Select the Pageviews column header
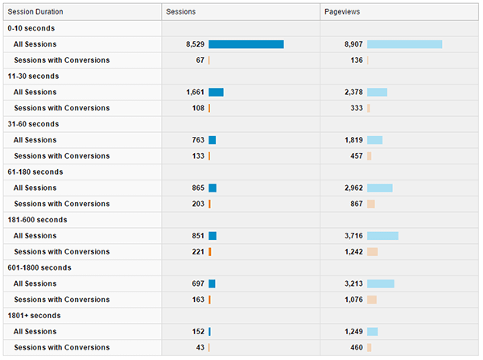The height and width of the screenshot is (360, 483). pos(342,12)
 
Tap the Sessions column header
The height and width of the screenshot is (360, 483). pos(180,12)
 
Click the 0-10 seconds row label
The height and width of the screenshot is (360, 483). pos(31,28)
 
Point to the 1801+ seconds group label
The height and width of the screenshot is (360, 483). pos(35,316)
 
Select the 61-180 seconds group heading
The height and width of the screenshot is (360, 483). pos(35,172)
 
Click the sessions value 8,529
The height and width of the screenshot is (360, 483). pos(195,44)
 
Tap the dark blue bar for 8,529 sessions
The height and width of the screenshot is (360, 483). pos(246,44)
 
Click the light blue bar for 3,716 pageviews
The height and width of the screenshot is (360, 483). pos(382,236)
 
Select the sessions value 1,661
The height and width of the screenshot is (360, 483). pos(195,92)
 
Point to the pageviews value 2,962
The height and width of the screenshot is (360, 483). pos(353,188)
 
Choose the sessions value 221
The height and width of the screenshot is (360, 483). pos(198,252)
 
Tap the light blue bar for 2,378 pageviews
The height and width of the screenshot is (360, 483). pos(377,92)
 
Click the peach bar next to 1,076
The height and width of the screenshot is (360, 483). pos(372,300)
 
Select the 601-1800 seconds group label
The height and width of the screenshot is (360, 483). pos(39,267)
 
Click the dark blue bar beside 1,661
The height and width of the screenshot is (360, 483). pos(216,92)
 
